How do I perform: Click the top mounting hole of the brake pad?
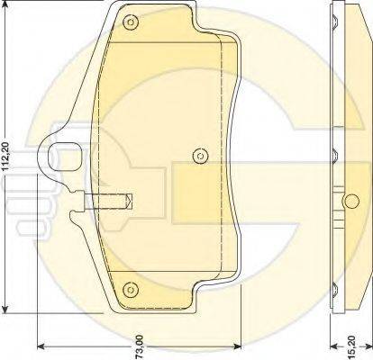pyautogui.click(x=130, y=22)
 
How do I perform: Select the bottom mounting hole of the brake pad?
pyautogui.click(x=130, y=289)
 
